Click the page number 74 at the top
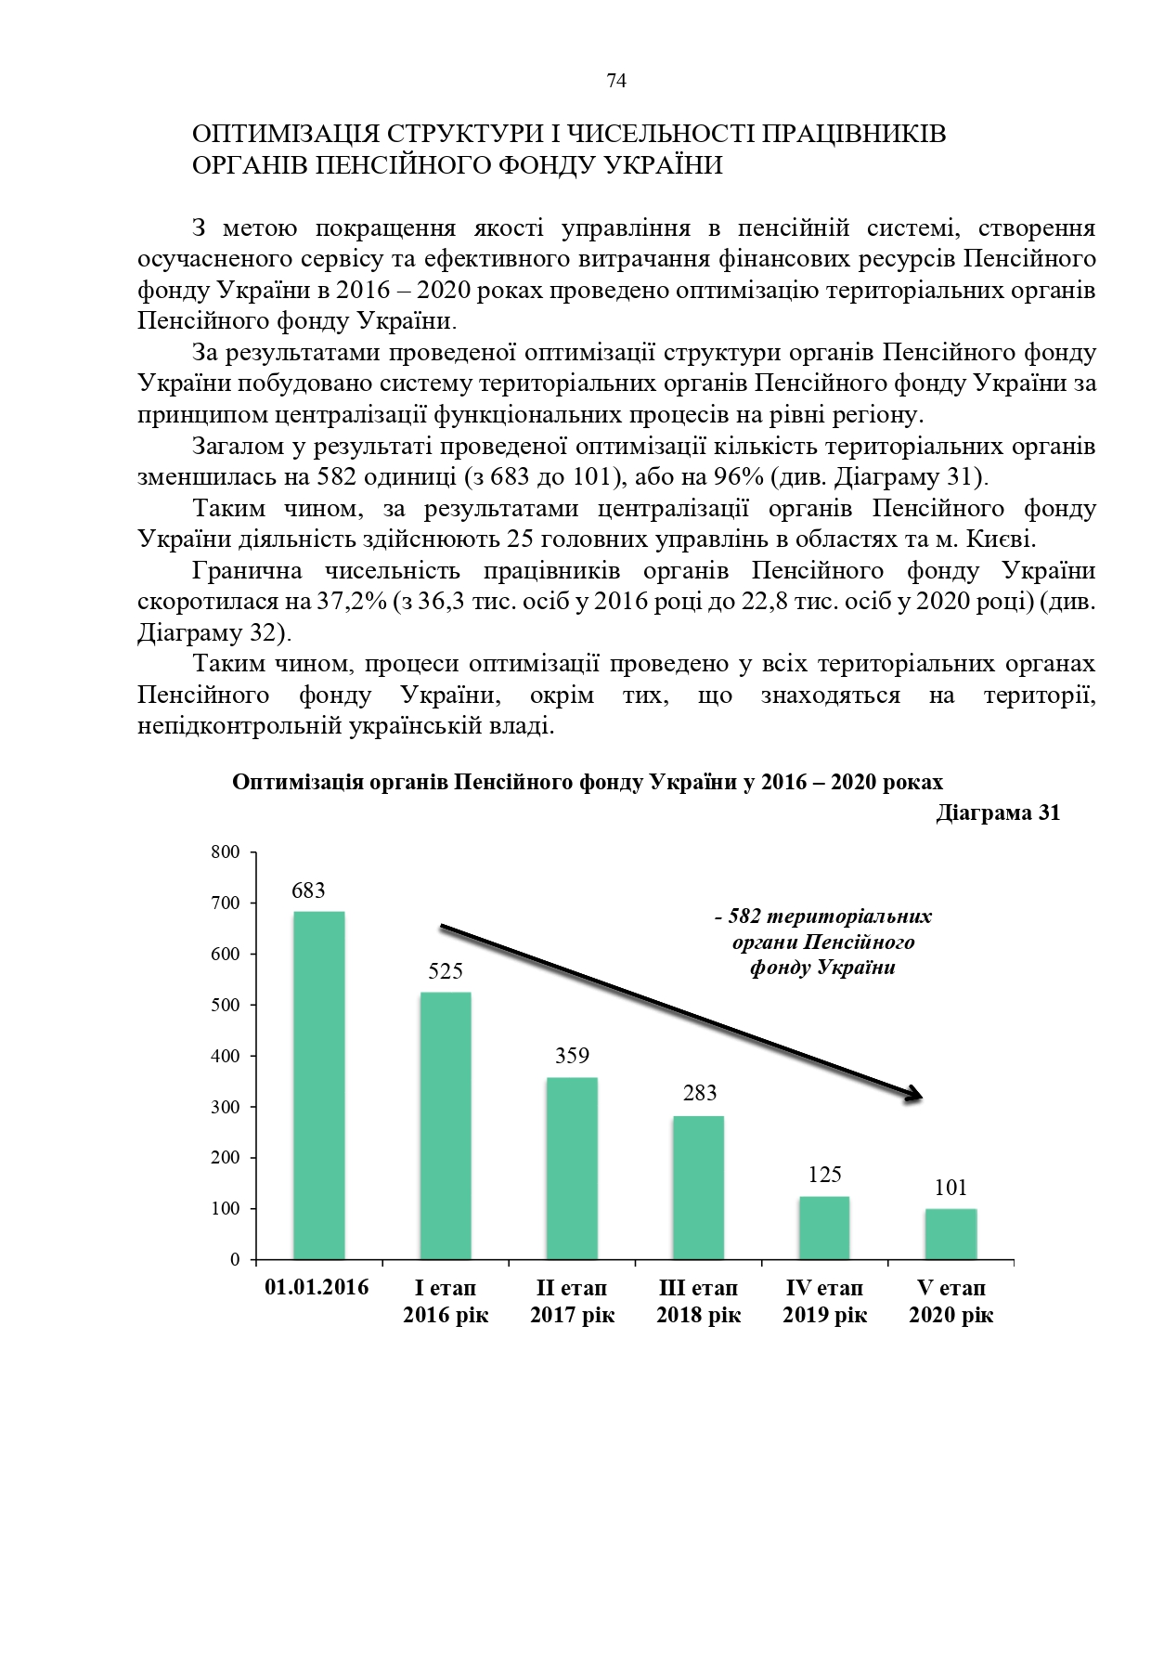pyautogui.click(x=616, y=82)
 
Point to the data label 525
pyautogui.click(x=446, y=971)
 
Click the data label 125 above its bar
pyautogui.click(x=824, y=1175)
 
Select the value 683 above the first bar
pyautogui.click(x=308, y=890)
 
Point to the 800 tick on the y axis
pyautogui.click(x=226, y=852)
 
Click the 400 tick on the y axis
pyautogui.click(x=226, y=1056)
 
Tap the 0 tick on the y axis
pyautogui.click(x=235, y=1260)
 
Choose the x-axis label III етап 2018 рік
pyautogui.click(x=698, y=1301)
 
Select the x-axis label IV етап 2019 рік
pyautogui.click(x=824, y=1301)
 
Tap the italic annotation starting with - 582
pyautogui.click(x=822, y=942)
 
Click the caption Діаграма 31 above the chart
pyautogui.click(x=998, y=813)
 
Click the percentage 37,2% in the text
pyautogui.click(x=352, y=602)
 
